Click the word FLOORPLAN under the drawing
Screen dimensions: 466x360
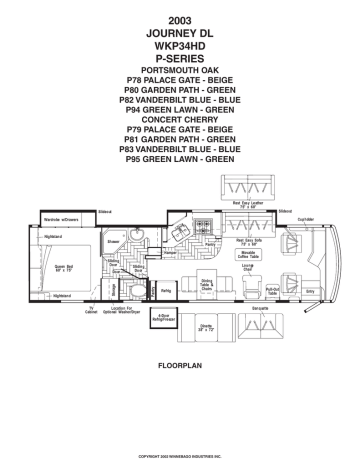click(180, 368)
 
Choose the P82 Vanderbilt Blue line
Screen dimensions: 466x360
click(180, 101)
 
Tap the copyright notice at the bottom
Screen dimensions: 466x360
click(180, 455)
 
